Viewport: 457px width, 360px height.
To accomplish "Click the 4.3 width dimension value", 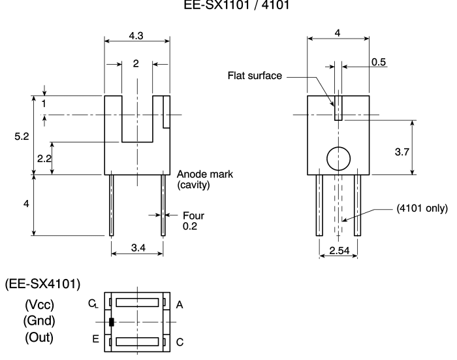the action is click(x=136, y=35).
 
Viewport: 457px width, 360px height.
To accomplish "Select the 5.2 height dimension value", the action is click(x=22, y=137).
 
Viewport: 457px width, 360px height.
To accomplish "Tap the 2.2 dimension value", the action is click(x=44, y=158).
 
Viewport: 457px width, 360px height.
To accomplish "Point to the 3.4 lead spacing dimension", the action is click(x=138, y=248).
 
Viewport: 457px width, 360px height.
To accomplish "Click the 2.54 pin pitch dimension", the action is click(x=339, y=250).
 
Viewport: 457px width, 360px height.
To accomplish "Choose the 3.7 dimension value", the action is click(x=402, y=152).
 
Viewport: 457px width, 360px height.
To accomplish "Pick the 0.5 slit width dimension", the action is click(x=379, y=62).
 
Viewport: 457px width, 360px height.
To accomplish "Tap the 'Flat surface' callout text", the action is click(x=255, y=76).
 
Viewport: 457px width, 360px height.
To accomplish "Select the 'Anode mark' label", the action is click(x=205, y=174).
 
